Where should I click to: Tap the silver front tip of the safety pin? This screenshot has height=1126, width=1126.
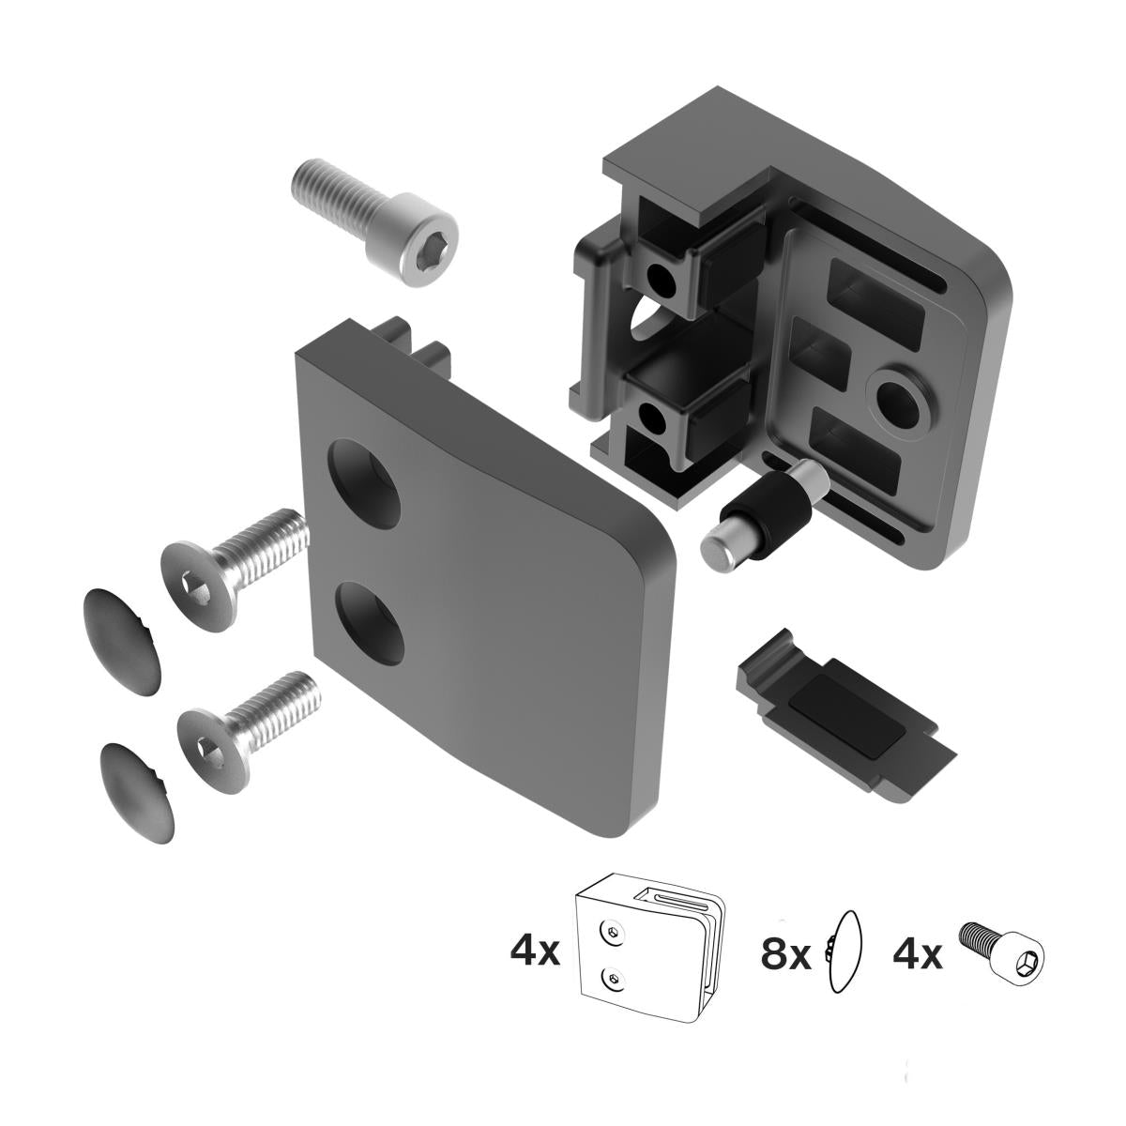pyautogui.click(x=720, y=552)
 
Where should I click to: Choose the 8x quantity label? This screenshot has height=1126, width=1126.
pyautogui.click(x=784, y=955)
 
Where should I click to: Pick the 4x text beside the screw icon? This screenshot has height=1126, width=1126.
pyautogui.click(x=917, y=955)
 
